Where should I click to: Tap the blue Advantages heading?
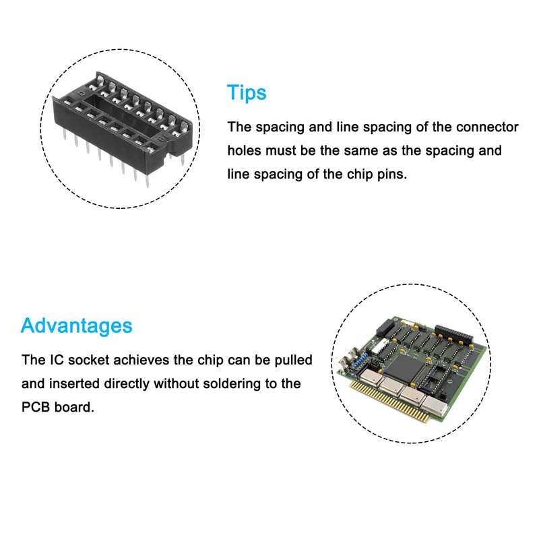point(76,325)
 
